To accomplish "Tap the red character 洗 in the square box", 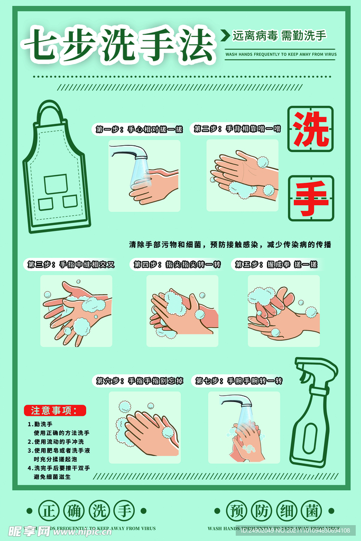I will click(311, 129).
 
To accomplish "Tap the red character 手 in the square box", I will click(311, 199).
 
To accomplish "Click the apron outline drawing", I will click(55, 169).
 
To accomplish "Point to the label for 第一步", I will click(139, 129).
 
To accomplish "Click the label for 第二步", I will click(237, 128).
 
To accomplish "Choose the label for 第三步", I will click(71, 264).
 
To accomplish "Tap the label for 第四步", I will click(177, 264).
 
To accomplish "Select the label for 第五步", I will click(276, 264).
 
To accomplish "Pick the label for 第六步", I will click(140, 380).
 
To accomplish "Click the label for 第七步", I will click(239, 380).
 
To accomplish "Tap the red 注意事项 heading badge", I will click(54, 410).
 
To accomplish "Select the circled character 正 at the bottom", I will click(49, 511).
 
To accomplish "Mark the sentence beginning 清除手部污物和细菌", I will click(230, 245).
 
